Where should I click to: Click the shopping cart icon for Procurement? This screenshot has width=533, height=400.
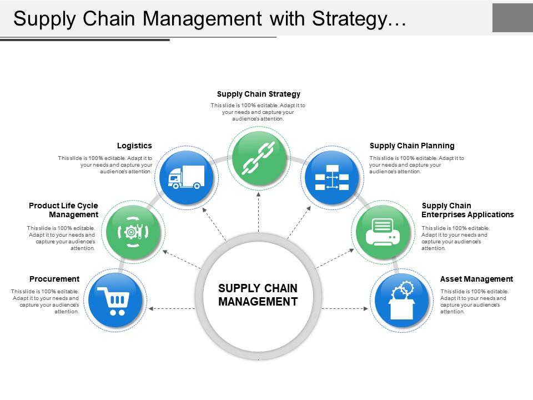(114, 301)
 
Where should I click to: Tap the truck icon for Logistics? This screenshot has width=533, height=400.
(186, 178)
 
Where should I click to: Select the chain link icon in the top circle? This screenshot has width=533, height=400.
(259, 157)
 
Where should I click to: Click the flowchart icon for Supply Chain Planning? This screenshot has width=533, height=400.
(331, 178)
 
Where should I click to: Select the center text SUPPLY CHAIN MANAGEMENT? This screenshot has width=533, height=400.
(258, 295)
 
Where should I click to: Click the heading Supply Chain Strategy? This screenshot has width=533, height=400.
(258, 94)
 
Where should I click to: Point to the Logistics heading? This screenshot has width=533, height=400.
(134, 146)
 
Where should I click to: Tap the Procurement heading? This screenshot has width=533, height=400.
(54, 279)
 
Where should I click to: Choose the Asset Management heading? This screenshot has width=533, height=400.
(476, 279)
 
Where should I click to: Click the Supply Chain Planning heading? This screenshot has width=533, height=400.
(412, 146)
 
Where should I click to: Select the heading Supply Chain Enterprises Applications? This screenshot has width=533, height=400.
(467, 210)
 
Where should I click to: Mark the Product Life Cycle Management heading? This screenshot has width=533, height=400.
(64, 210)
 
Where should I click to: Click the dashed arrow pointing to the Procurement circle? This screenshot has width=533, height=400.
(172, 308)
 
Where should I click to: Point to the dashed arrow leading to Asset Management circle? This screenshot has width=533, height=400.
(345, 308)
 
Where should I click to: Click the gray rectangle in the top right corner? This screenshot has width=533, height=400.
(512, 18)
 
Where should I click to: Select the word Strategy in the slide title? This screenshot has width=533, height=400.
(349, 18)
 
